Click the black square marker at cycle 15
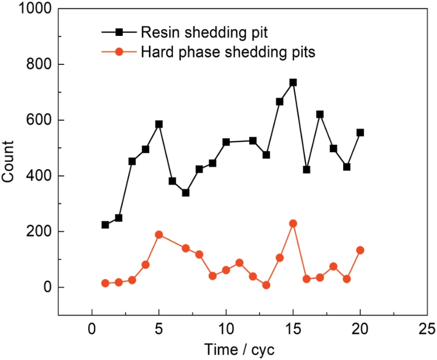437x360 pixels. [x=293, y=83]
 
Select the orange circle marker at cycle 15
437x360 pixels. [x=293, y=224]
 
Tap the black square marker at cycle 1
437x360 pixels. [x=105, y=225]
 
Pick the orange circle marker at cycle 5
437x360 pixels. [x=159, y=235]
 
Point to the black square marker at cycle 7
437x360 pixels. [x=185, y=193]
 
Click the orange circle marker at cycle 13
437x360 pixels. [x=266, y=285]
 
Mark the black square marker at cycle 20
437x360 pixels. [x=360, y=133]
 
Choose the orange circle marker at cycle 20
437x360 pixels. [x=360, y=250]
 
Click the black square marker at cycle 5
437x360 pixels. [x=159, y=124]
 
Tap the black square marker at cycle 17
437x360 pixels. [x=320, y=114]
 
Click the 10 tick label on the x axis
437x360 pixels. [x=226, y=329]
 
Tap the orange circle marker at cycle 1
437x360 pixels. [x=105, y=283]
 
